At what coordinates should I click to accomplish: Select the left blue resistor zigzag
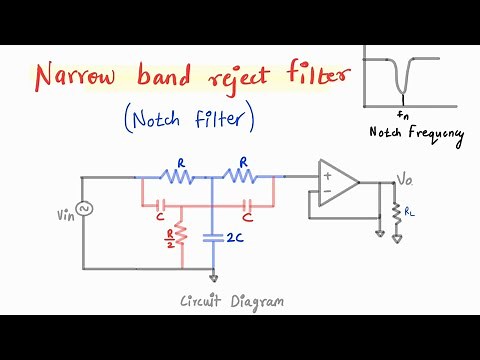(x=177, y=178)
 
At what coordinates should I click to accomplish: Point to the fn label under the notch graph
(x=402, y=115)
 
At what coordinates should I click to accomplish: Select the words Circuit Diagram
(x=232, y=301)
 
